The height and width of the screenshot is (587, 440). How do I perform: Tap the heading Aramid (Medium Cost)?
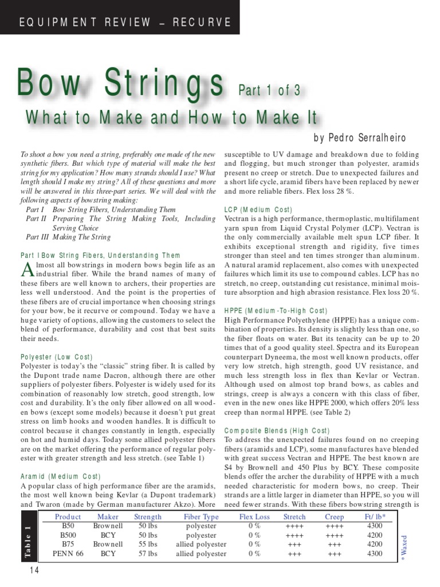coord(60,476)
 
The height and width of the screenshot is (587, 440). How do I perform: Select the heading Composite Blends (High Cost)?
coord(276,431)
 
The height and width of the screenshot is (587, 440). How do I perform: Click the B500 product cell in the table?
coord(68,535)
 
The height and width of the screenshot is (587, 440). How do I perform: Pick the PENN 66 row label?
coord(68,554)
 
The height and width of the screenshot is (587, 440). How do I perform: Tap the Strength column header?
coord(147,516)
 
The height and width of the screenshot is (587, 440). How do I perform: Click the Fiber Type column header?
coord(201,516)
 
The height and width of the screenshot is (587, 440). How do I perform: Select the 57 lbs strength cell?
coord(147,554)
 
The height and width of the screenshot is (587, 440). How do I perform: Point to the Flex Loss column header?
coord(254,516)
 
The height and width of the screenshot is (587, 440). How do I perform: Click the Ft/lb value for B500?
coord(374,535)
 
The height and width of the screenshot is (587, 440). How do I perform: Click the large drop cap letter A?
coord(27,269)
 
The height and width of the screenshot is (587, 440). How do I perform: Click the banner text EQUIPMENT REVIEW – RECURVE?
coord(125,22)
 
